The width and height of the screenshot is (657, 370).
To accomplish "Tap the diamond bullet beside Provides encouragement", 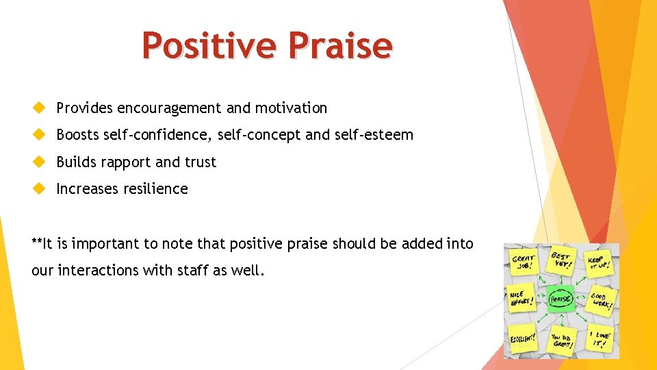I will point(39,108).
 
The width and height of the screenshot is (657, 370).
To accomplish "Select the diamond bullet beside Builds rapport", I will point(39,162).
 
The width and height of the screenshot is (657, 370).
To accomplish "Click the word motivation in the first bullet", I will point(291,108).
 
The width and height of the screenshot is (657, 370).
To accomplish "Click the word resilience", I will point(156,188).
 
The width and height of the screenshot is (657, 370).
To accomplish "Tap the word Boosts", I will point(77,134).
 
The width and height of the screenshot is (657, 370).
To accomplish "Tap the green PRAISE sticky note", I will point(561,298).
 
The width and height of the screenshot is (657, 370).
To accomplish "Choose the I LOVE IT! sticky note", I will point(600,338).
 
